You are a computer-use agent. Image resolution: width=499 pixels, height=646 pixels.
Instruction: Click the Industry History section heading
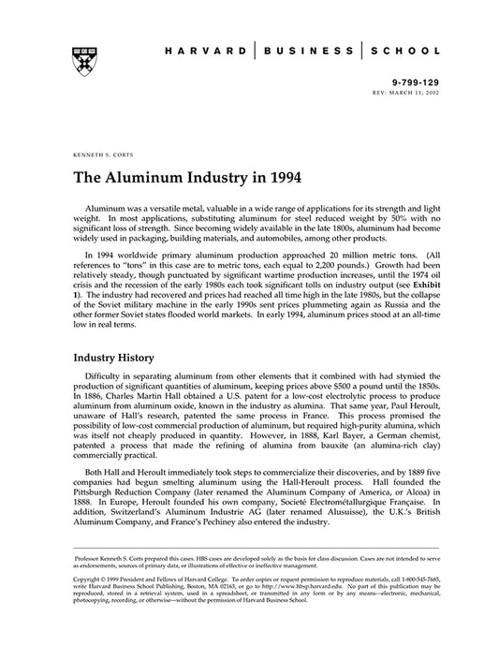click(121, 358)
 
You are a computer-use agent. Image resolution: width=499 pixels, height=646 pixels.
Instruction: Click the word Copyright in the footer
click(89, 580)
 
